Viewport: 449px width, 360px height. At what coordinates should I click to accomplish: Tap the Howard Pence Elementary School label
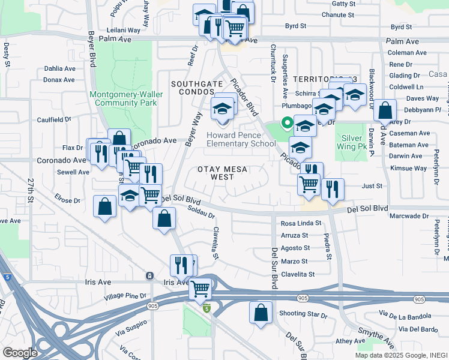(x=241, y=139)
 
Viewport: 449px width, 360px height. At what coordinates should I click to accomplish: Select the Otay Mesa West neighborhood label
(x=222, y=173)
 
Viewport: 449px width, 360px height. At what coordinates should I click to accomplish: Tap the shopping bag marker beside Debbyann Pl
(x=385, y=111)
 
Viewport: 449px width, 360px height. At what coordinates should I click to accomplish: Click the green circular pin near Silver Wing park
(x=288, y=124)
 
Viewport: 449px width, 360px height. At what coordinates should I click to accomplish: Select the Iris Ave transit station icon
(x=149, y=275)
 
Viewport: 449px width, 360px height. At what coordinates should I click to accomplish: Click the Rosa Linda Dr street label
(x=297, y=223)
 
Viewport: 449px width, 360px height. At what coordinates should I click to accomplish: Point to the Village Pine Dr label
(x=125, y=296)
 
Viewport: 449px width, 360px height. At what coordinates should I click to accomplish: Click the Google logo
(x=20, y=352)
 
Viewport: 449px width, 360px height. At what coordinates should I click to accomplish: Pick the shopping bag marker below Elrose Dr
(x=105, y=206)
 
